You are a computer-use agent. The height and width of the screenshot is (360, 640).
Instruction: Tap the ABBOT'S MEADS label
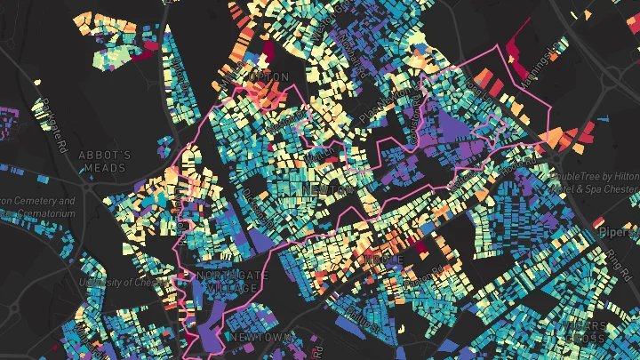click(105, 161)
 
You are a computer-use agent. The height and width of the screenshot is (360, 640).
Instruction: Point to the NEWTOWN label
click(260, 338)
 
